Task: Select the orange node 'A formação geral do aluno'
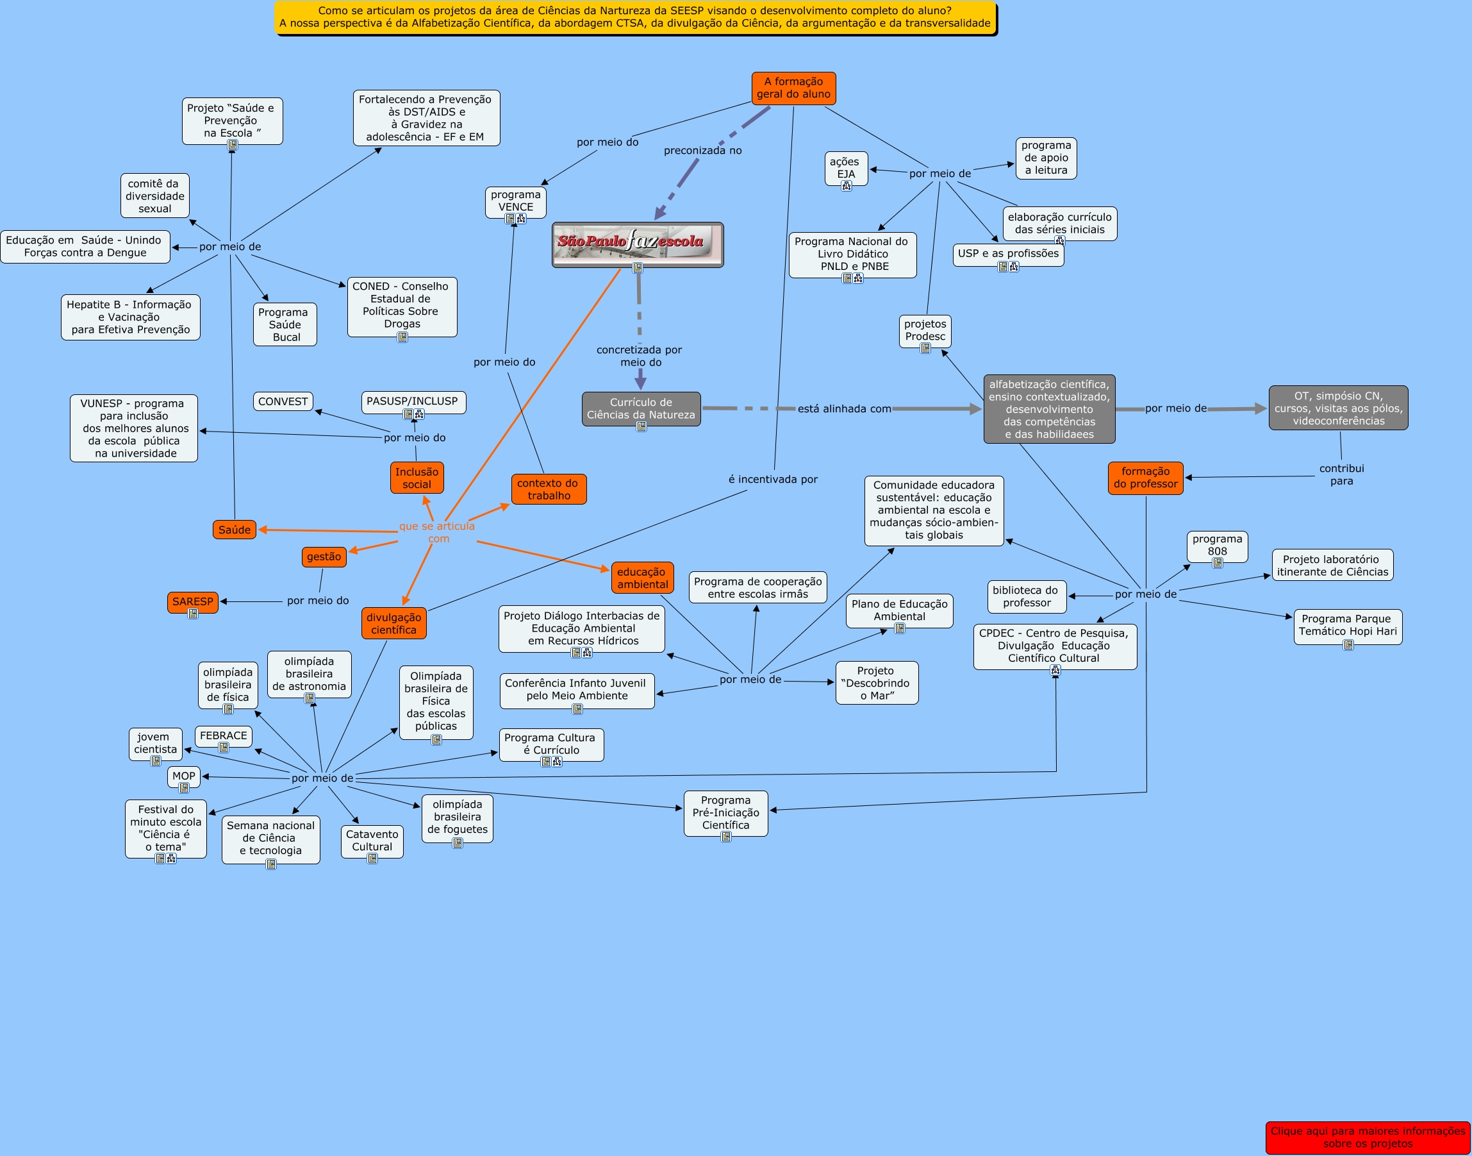click(793, 88)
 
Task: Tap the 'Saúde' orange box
click(234, 529)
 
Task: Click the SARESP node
click(192, 601)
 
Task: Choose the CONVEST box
click(283, 401)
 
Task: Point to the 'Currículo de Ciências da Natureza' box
click(641, 408)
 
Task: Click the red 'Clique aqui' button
click(1367, 1137)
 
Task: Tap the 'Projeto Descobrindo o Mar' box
click(877, 682)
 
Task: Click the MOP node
click(183, 776)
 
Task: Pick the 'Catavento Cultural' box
click(372, 840)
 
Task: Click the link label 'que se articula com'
click(437, 532)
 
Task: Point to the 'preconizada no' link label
click(702, 150)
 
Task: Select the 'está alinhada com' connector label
click(844, 408)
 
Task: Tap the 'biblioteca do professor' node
click(1026, 596)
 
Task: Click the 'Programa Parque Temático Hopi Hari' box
click(1348, 624)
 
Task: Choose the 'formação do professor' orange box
click(1145, 477)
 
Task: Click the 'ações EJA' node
click(846, 167)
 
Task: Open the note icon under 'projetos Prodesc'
click(925, 349)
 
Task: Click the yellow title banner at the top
click(635, 17)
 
